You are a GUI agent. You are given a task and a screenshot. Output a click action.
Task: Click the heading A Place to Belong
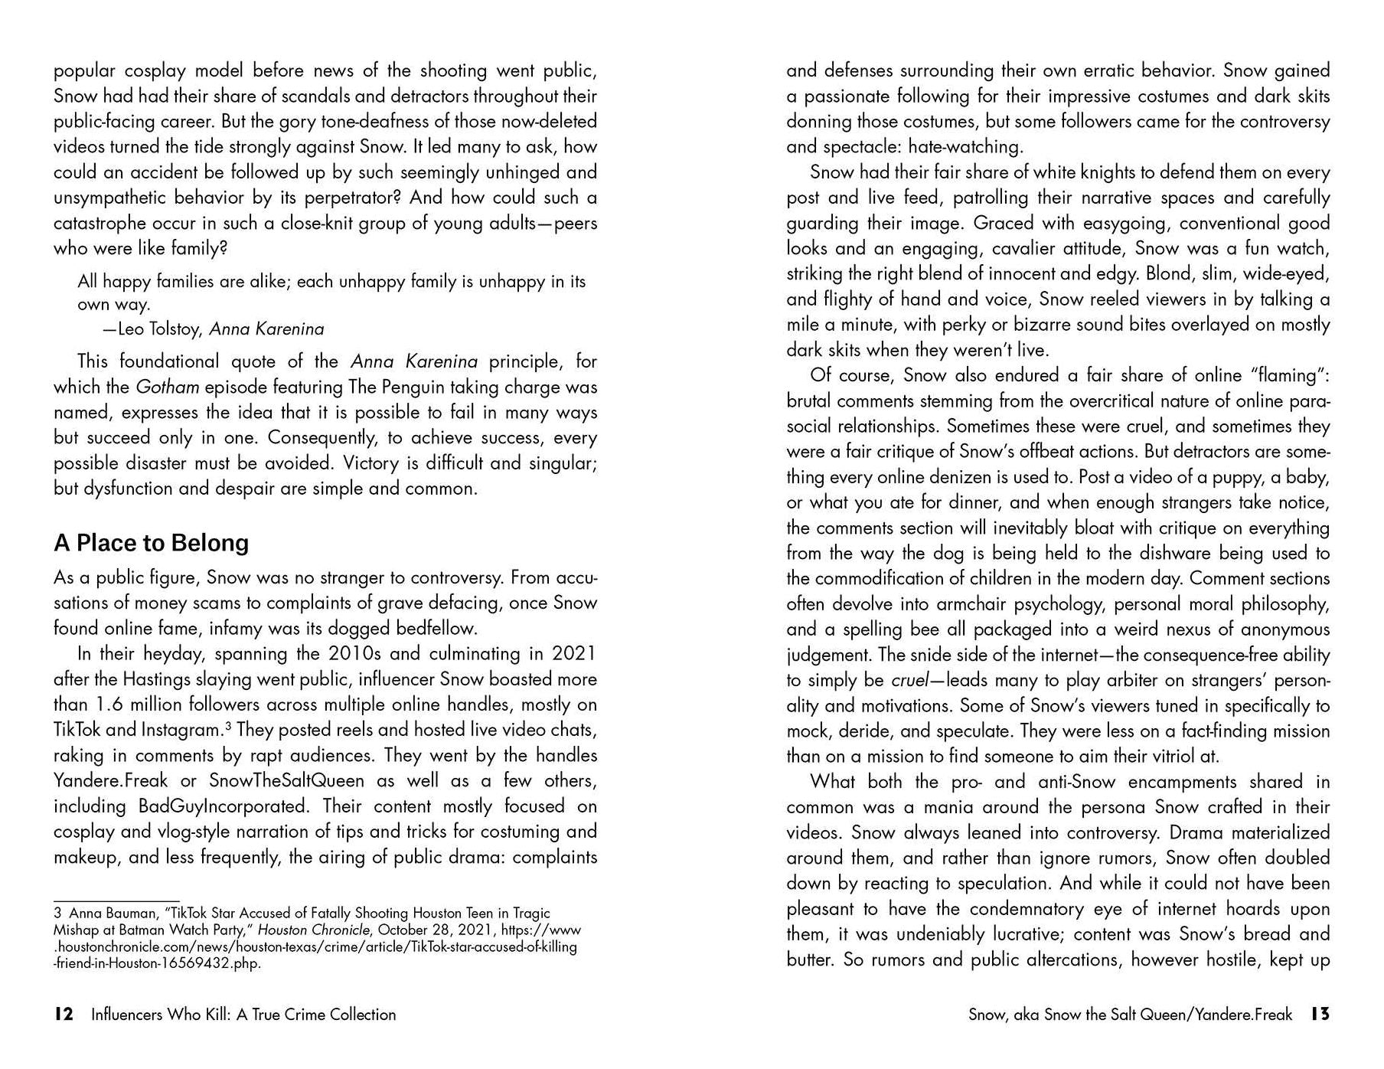click(151, 543)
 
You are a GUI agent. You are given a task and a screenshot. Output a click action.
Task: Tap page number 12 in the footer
click(64, 1015)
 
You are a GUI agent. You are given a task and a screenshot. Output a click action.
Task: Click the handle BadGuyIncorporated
click(222, 806)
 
